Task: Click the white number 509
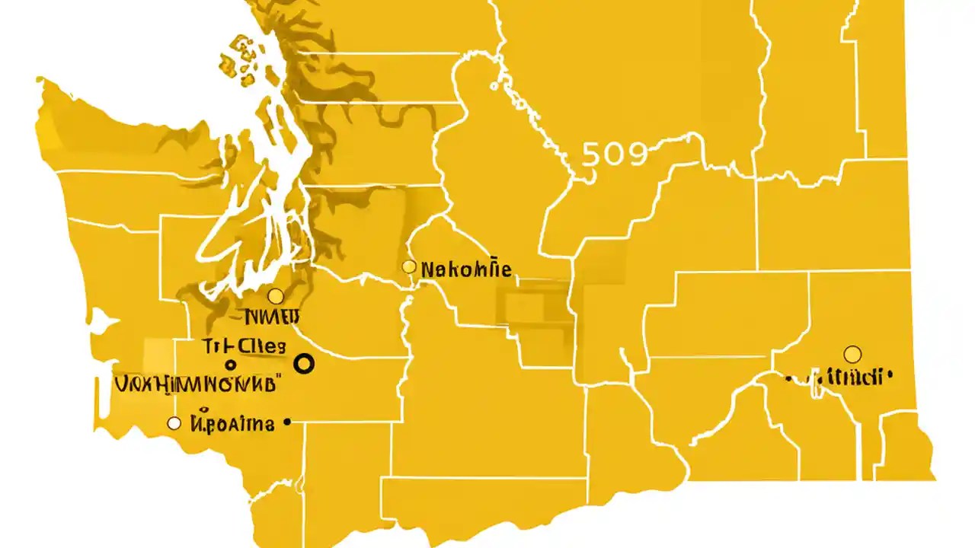(x=614, y=155)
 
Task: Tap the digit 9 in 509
(x=636, y=155)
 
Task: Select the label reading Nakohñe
(x=465, y=269)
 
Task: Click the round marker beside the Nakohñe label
(x=409, y=267)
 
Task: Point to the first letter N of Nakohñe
(x=427, y=269)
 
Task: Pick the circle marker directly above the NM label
(x=276, y=296)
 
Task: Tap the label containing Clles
(x=245, y=346)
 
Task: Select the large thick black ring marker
(x=304, y=365)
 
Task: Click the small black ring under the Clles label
(x=231, y=365)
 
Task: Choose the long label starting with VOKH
(x=197, y=383)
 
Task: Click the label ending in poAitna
(x=232, y=423)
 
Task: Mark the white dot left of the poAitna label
(x=174, y=423)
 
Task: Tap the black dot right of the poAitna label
(x=286, y=421)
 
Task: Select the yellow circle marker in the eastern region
(x=852, y=354)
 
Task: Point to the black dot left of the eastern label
(x=788, y=378)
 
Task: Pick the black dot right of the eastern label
(x=889, y=374)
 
